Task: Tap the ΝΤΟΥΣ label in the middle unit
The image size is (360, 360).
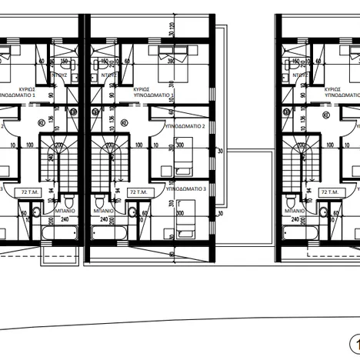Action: (108, 76)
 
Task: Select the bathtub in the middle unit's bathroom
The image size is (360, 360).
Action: (112, 232)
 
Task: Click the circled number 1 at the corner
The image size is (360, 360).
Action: (354, 343)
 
